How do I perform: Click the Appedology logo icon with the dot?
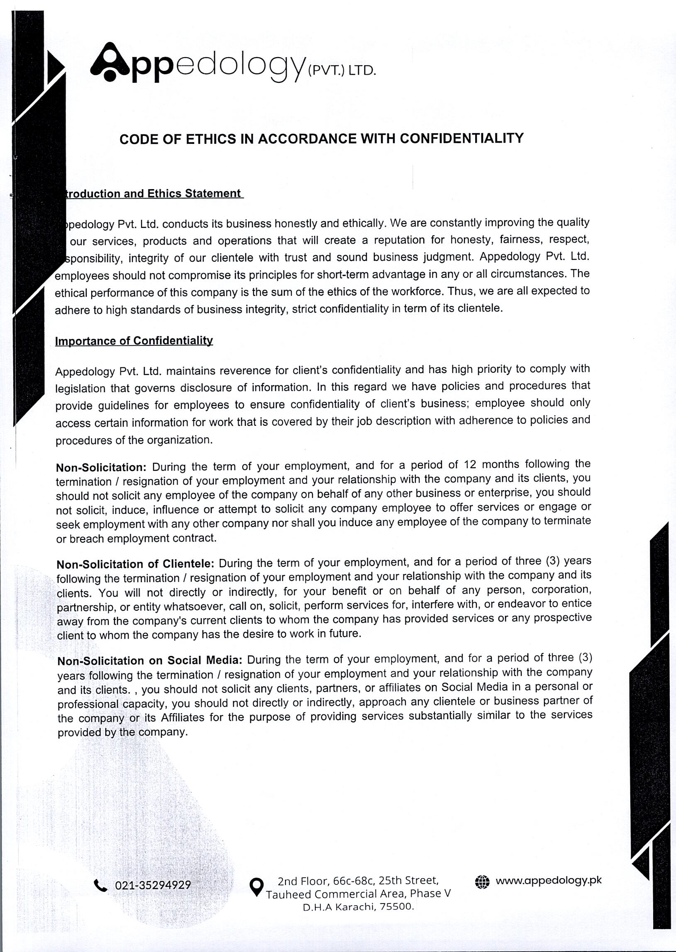click(109, 62)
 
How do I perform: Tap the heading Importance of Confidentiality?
click(134, 341)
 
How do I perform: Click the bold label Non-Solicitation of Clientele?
click(135, 564)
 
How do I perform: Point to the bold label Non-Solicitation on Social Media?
click(149, 661)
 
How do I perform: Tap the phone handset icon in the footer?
click(100, 886)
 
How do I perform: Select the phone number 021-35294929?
click(153, 885)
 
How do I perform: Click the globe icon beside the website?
click(482, 881)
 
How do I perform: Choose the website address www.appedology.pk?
click(549, 880)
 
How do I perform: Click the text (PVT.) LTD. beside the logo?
click(342, 71)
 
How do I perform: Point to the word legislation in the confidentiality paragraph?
click(80, 389)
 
